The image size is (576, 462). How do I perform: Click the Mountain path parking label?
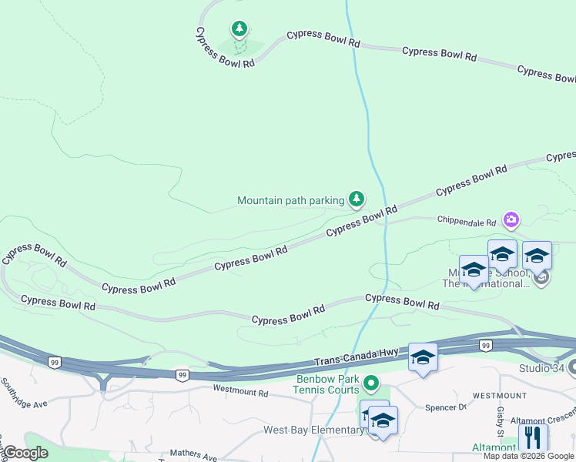click(290, 201)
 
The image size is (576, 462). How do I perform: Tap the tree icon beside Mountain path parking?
click(356, 200)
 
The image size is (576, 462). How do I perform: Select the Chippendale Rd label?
click(467, 222)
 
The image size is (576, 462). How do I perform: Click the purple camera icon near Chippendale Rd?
click(511, 221)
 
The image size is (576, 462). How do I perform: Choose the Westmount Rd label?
click(240, 392)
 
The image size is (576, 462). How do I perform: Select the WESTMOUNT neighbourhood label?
click(500, 395)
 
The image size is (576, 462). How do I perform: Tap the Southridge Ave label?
click(24, 393)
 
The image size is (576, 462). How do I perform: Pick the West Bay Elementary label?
click(313, 430)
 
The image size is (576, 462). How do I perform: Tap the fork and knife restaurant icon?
click(533, 437)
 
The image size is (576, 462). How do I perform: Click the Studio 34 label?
click(541, 368)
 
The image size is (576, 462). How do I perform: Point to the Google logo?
click(25, 453)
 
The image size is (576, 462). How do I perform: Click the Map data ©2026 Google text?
click(529, 456)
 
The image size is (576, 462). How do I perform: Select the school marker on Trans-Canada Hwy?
click(423, 357)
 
